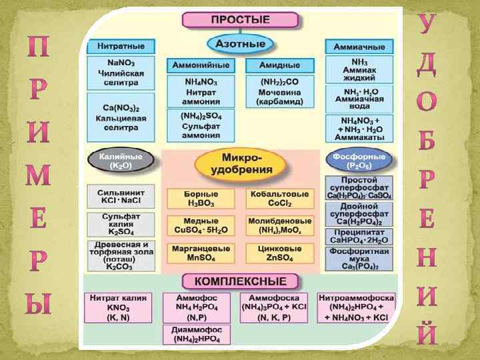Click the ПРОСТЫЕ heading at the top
(240, 20)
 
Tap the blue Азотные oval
(240, 45)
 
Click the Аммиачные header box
(359, 47)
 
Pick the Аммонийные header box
(201, 66)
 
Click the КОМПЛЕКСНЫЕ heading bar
(240, 281)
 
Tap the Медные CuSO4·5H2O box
(201, 225)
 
